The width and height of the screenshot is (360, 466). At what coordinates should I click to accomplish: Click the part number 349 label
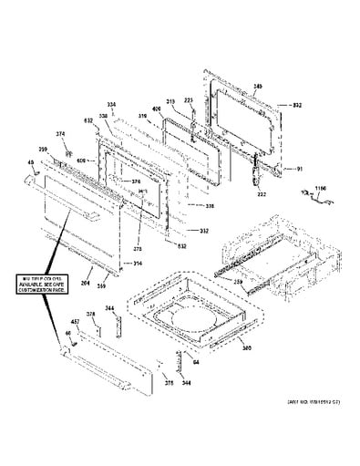coord(257,85)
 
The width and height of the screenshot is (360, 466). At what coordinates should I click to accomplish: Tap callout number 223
coord(189,100)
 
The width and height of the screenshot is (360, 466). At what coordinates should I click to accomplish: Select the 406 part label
coord(157,109)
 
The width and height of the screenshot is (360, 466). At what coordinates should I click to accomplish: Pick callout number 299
coord(43,149)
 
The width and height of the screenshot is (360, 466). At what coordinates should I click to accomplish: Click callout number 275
coord(139,247)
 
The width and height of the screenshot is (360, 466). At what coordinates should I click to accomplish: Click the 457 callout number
coord(76,323)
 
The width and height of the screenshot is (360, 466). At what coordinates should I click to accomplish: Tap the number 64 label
coord(195,363)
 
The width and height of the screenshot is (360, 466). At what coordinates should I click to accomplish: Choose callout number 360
coord(244,347)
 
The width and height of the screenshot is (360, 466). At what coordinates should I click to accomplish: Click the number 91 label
coord(298,168)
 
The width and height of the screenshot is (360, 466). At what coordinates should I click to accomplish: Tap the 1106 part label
coord(319,189)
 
